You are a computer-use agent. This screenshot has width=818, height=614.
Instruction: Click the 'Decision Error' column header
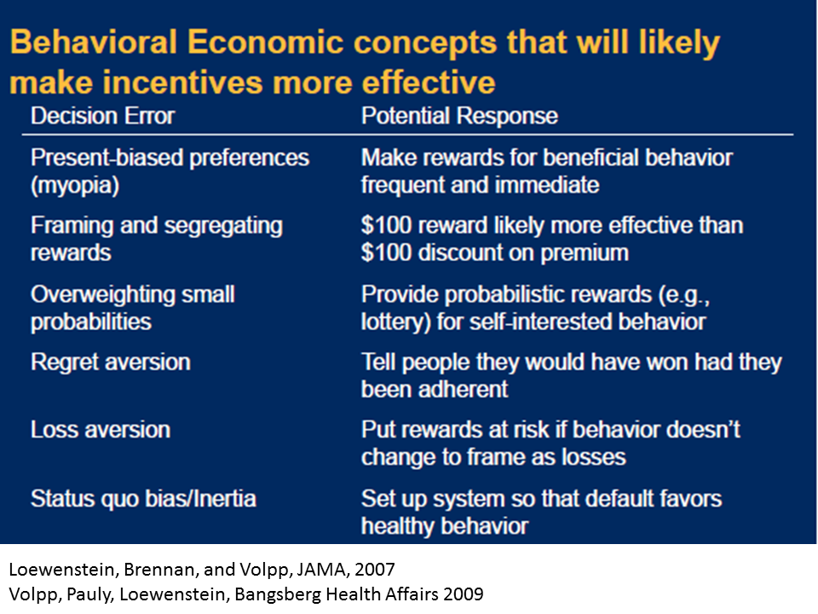[x=103, y=116]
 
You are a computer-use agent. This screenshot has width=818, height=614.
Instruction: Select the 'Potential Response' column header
[x=459, y=116]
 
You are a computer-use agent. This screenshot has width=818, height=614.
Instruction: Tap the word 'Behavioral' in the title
[x=94, y=42]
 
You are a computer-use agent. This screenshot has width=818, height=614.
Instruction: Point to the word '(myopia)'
[x=75, y=185]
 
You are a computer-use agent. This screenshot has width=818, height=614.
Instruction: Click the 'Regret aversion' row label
[x=111, y=362]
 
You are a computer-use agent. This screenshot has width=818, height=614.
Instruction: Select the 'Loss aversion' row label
[x=101, y=430]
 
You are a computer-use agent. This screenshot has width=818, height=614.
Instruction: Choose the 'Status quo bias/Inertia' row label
[x=143, y=499]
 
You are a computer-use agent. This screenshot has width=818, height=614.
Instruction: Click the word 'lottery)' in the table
[x=396, y=321]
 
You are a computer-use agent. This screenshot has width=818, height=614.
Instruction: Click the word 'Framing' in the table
[x=72, y=226]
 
